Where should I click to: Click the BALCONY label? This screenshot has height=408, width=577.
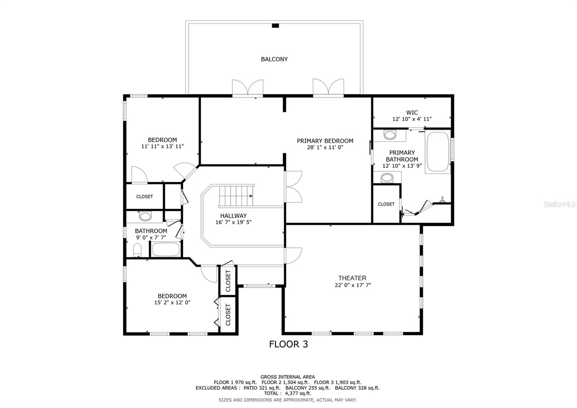[274, 59]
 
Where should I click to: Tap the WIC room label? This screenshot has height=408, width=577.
[412, 113]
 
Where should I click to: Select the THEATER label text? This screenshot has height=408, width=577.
[352, 278]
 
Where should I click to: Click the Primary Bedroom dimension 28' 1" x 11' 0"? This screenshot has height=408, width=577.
[325, 147]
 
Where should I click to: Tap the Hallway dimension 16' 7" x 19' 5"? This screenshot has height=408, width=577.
[233, 222]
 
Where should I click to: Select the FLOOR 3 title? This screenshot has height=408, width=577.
[288, 344]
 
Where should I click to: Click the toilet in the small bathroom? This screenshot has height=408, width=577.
[137, 250]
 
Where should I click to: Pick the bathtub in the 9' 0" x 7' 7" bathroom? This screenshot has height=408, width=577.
[166, 249]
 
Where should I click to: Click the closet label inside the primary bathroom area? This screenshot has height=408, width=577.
[386, 204]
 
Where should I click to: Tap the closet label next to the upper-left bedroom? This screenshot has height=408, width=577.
[144, 196]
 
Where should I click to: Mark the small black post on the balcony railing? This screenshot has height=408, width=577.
[275, 26]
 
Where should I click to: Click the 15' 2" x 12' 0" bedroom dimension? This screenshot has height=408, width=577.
[172, 303]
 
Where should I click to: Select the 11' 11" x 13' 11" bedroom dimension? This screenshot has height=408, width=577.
[163, 146]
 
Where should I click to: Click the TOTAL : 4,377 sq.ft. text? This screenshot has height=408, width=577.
[287, 393]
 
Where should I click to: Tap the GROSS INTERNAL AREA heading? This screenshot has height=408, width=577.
[287, 377]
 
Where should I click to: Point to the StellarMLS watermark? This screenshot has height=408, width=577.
[560, 205]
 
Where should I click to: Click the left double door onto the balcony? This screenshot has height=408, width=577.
[247, 88]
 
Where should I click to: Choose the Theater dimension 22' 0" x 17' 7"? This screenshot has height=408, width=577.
[352, 285]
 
